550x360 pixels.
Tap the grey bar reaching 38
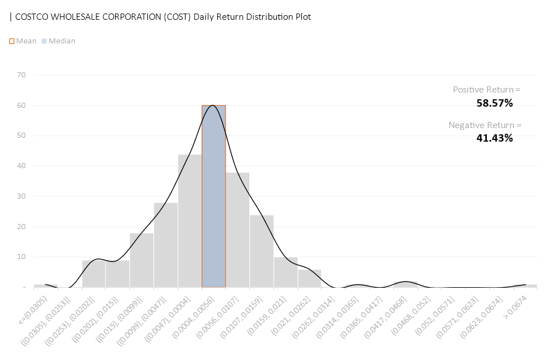tap(238, 230)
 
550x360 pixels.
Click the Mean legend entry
tap(23, 41)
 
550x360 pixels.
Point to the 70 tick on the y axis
tap(22, 74)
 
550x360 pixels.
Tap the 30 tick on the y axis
tap(22, 196)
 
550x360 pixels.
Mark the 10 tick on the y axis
tap(22, 257)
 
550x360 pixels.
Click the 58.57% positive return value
tap(495, 103)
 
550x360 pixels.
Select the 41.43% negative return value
tap(495, 138)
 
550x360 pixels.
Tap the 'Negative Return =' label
tap(485, 125)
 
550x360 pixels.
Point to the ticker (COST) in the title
tap(177, 16)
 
